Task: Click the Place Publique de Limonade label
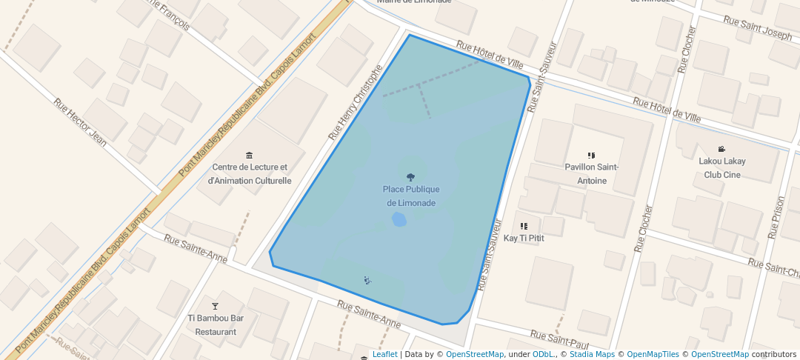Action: click(410, 196)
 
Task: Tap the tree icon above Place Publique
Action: click(410, 177)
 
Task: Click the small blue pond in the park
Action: click(399, 219)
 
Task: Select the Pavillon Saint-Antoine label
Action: click(591, 174)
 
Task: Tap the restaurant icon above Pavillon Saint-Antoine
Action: click(591, 156)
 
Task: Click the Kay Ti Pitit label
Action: click(524, 239)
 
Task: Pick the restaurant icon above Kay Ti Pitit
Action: click(524, 226)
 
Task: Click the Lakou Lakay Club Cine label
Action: click(722, 168)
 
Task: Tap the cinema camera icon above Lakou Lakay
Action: click(722, 149)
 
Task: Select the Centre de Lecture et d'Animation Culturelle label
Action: click(249, 174)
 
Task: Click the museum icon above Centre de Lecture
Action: click(249, 155)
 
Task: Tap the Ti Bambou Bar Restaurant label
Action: click(216, 325)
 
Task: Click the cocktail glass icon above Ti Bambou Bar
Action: click(216, 306)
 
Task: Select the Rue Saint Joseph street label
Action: click(757, 29)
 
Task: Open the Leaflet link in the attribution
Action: click(384, 354)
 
